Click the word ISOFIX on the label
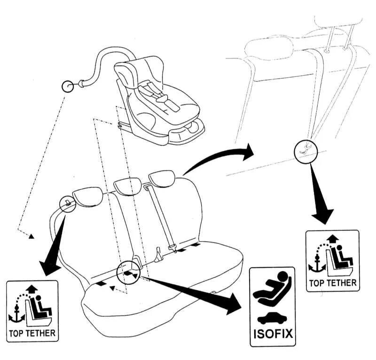273,334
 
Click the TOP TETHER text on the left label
32,335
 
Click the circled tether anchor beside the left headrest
68,203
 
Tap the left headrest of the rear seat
89,196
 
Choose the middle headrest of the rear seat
127,186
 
